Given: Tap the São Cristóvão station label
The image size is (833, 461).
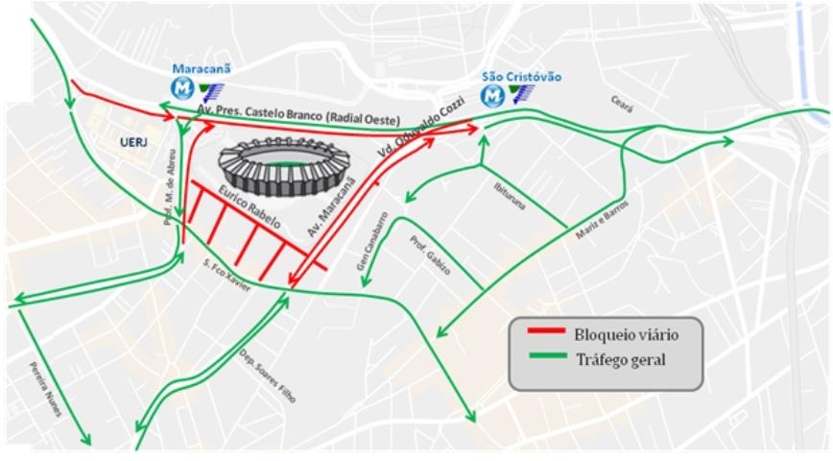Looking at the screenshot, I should tap(521, 77).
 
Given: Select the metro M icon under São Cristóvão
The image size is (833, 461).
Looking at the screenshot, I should tap(494, 96).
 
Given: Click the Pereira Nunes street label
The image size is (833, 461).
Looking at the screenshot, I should tap(45, 389).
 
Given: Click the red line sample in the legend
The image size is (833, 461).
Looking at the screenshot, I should tap(548, 333).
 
